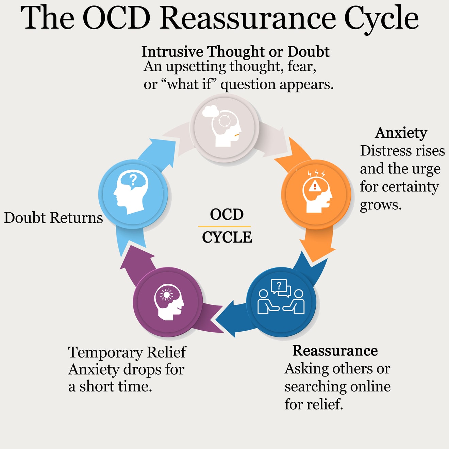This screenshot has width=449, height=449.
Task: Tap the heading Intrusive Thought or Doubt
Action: pyautogui.click(x=235, y=52)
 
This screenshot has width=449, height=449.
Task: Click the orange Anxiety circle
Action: pyautogui.click(x=316, y=193)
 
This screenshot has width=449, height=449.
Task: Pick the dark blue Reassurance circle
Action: pyautogui.click(x=281, y=302)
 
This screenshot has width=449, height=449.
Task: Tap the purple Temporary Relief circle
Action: pyautogui.click(x=167, y=302)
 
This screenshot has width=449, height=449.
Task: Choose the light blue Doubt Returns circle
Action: pyautogui.click(x=133, y=193)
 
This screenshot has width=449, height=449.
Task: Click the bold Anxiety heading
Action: pyautogui.click(x=401, y=133)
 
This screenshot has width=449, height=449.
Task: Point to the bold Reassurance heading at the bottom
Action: pyautogui.click(x=335, y=350)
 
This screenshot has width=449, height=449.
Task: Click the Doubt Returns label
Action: pyautogui.click(x=53, y=218)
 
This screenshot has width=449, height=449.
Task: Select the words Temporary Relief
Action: pyautogui.click(x=127, y=352)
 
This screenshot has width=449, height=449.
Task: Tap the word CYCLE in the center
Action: pyautogui.click(x=227, y=237)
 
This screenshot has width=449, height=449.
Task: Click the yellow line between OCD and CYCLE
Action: pyautogui.click(x=224, y=226)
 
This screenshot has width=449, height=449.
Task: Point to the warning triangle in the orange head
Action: pyautogui.click(x=315, y=186)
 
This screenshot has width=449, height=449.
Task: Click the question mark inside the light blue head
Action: pyautogui.click(x=133, y=179)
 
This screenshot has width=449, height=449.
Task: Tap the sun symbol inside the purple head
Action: pyautogui.click(x=166, y=295)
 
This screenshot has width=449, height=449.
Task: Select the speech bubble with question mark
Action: pyautogui.click(x=279, y=286)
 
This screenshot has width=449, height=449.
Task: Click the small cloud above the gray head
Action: pyautogui.click(x=210, y=111)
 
